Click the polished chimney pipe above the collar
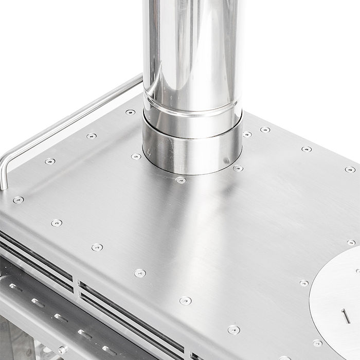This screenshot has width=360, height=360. [190, 46]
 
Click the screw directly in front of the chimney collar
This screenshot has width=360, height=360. [180, 180]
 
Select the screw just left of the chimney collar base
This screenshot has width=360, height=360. [136, 156]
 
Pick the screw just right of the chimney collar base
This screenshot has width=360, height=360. [238, 168]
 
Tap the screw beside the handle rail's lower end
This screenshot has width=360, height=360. [18, 200]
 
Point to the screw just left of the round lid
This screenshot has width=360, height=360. [304, 283]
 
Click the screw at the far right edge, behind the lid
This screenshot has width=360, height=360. [351, 242]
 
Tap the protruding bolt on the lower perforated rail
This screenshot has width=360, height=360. [62, 350]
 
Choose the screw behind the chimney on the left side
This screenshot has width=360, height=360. [131, 112]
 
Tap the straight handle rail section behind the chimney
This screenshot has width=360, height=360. [103, 103]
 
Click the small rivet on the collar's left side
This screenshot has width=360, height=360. [149, 152]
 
